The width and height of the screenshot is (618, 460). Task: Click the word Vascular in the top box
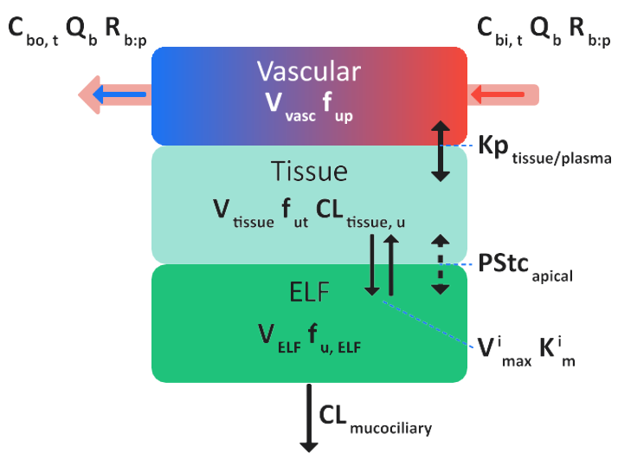[309, 70]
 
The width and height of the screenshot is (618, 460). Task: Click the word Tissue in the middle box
[309, 172]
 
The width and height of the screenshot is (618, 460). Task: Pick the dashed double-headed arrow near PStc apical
[441, 264]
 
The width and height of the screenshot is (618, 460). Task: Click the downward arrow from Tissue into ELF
[372, 264]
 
